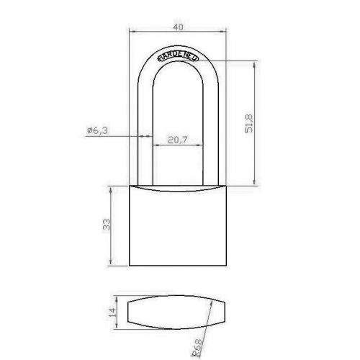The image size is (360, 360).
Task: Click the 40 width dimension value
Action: click(x=178, y=27)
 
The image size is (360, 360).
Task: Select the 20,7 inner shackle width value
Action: click(x=177, y=140)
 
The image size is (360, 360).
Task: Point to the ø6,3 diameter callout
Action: click(x=96, y=130)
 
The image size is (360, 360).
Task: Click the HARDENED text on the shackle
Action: click(x=178, y=57)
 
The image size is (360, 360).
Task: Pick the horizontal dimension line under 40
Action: click(x=178, y=32)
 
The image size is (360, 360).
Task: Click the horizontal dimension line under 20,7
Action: click(x=177, y=145)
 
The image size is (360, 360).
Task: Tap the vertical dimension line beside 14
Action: click(x=117, y=312)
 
